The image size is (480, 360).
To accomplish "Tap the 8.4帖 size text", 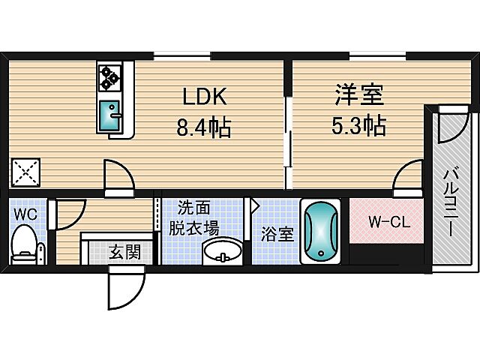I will [x=203, y=127].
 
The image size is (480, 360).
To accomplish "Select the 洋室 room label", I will [x=358, y=96].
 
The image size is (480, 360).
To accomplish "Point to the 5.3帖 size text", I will [x=358, y=126].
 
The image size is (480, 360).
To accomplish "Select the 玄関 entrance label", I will [x=123, y=252].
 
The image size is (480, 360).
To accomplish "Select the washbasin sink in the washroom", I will [x=223, y=250].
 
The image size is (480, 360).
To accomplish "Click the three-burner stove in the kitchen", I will [x=110, y=77].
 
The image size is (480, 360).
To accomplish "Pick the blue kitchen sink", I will [x=111, y=114].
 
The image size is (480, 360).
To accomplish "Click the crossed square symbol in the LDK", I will [x=27, y=174].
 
